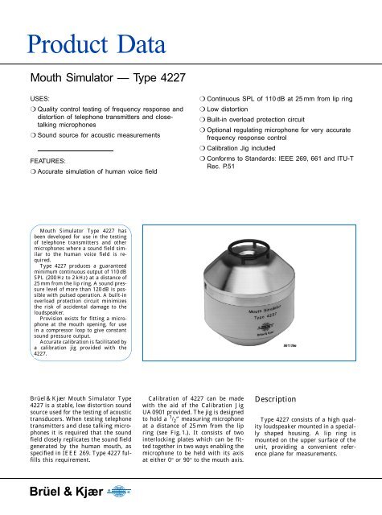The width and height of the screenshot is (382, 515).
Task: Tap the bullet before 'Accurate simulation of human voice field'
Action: click(x=26, y=172)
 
